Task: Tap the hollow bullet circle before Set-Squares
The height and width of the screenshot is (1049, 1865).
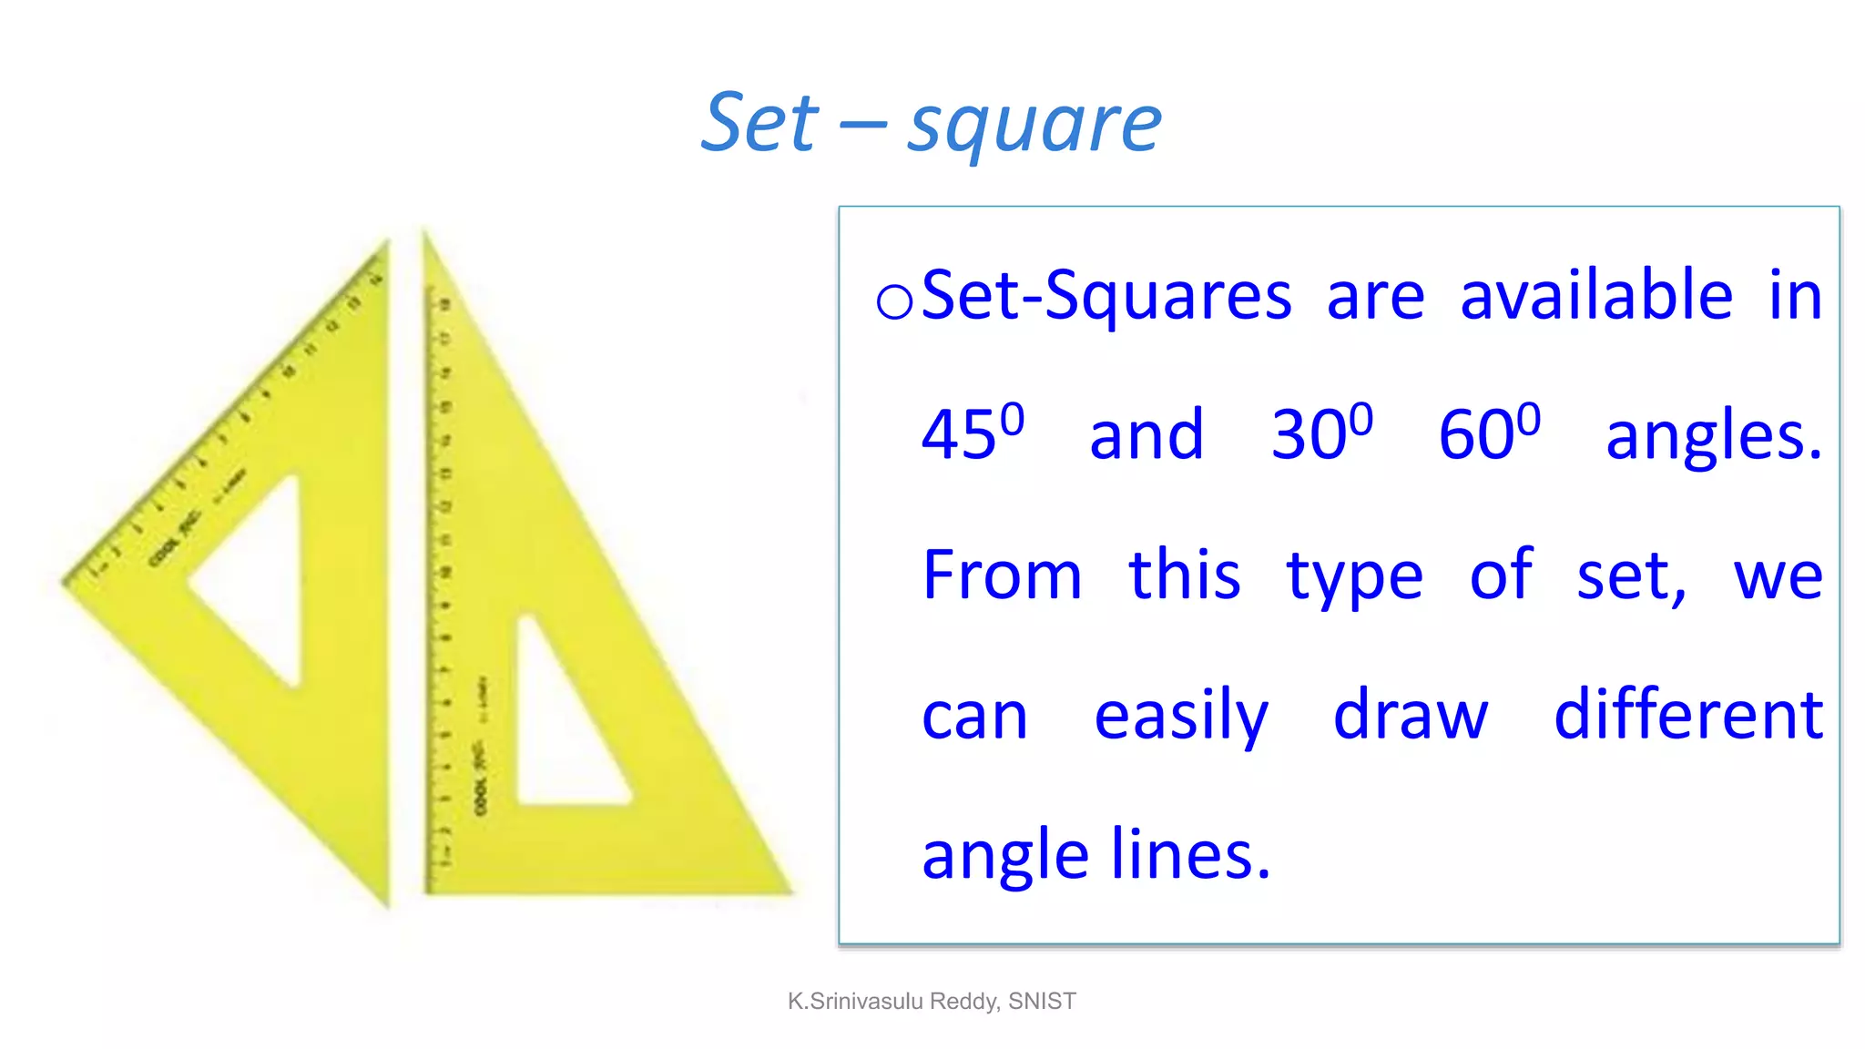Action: [893, 301]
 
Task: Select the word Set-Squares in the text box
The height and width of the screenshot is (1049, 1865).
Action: [1106, 296]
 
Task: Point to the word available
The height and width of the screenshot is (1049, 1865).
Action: [1595, 296]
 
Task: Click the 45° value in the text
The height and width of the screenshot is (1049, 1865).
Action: [972, 433]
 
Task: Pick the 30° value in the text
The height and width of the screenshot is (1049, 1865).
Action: [1321, 433]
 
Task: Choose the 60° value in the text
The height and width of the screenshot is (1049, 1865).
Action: [1489, 433]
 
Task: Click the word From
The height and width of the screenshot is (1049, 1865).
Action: [1002, 575]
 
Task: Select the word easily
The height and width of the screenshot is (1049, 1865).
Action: [1181, 717]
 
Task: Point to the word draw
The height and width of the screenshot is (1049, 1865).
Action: [1411, 715]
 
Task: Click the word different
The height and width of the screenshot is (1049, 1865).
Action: [1688, 715]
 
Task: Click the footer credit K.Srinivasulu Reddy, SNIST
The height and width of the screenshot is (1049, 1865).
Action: [932, 1002]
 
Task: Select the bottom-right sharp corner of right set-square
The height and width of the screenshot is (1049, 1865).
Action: [789, 890]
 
